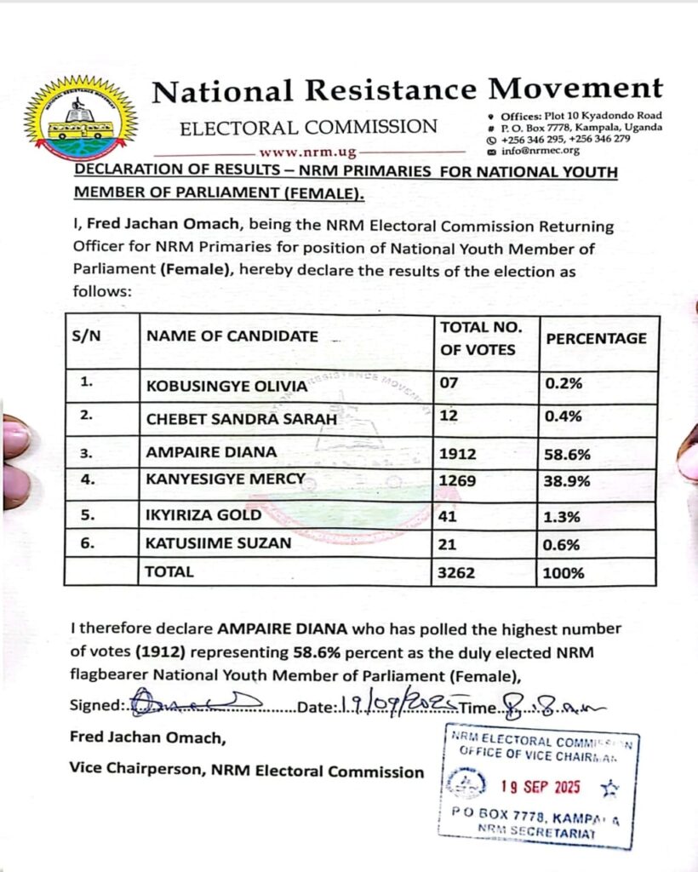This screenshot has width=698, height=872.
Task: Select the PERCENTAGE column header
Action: click(596, 338)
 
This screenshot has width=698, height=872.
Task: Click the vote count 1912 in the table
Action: click(457, 453)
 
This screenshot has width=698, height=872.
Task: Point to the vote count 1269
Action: click(457, 481)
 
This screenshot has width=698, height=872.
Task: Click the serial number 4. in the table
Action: click(88, 480)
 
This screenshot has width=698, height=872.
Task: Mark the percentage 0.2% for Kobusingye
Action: click(564, 383)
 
